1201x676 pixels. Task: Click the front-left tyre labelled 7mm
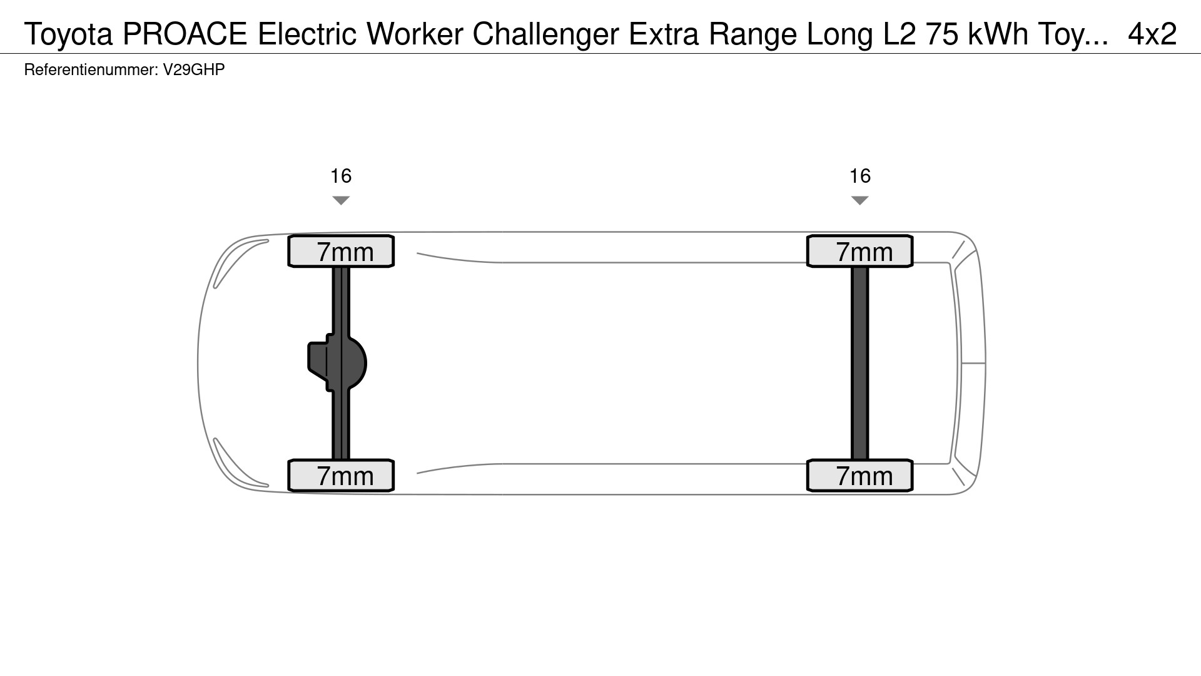(341, 476)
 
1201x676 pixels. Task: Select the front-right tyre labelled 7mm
(341, 251)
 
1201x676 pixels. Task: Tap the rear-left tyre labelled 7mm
(860, 476)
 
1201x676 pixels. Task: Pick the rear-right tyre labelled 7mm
(860, 251)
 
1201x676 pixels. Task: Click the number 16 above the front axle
(341, 176)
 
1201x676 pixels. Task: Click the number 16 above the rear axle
(860, 176)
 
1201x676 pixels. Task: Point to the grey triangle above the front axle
(341, 200)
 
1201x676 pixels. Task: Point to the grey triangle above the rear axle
(860, 200)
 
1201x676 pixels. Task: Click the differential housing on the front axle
(337, 363)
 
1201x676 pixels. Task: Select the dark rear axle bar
(860, 363)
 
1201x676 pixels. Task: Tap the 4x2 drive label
(1152, 34)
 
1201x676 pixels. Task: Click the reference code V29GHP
(194, 69)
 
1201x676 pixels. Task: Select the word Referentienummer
(91, 69)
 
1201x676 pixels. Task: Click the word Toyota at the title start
(69, 34)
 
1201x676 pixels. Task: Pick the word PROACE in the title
(185, 34)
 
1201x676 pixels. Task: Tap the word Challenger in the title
(546, 34)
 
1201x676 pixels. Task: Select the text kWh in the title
(998, 34)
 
